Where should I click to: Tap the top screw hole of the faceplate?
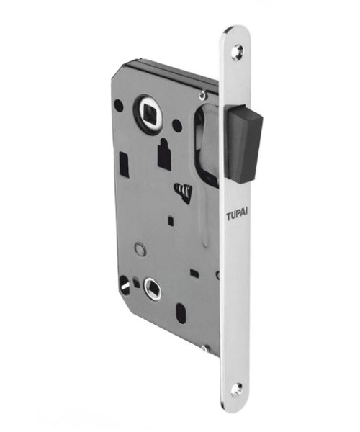(x=237, y=51)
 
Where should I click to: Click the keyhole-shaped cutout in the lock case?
(x=165, y=153)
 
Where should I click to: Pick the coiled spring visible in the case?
(x=183, y=192)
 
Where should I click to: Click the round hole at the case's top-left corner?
(x=118, y=105)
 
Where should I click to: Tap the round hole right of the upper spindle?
(x=177, y=125)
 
